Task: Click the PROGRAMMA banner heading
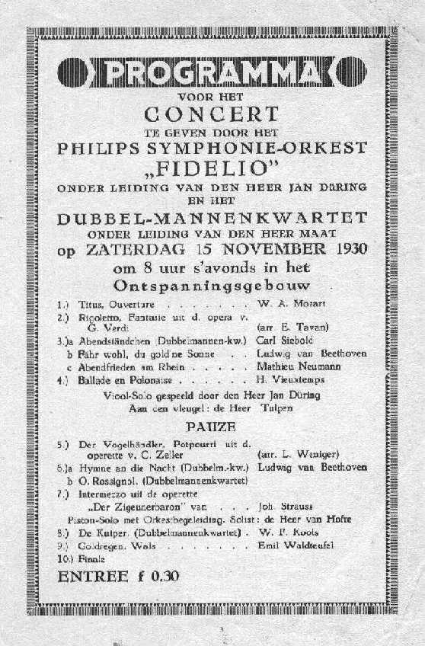coord(212,73)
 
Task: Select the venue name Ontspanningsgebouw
coord(212,287)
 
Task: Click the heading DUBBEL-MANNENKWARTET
coord(212,219)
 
